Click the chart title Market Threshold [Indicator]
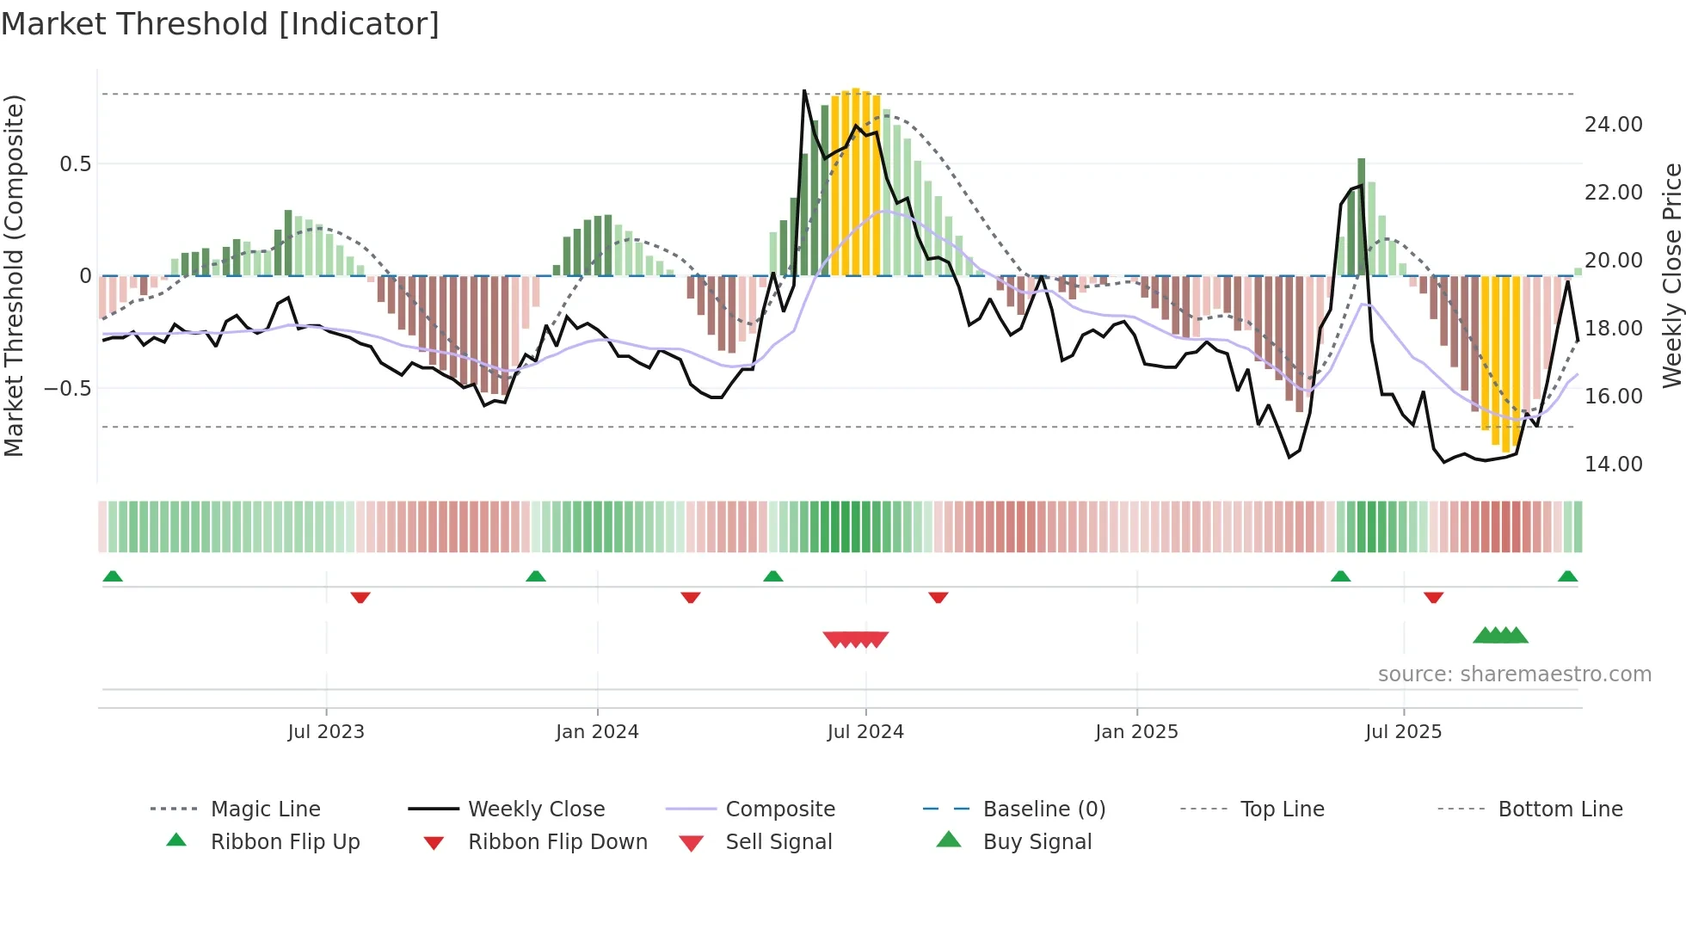pyautogui.click(x=220, y=24)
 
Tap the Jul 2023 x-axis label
pyautogui.click(x=326, y=732)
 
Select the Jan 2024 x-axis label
pyautogui.click(x=597, y=732)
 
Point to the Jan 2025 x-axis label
pyautogui.click(x=1136, y=732)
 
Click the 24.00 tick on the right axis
pyautogui.click(x=1613, y=125)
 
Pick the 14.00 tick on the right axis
pyautogui.click(x=1613, y=465)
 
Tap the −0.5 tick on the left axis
pyautogui.click(x=68, y=389)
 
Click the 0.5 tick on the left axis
pyautogui.click(x=75, y=164)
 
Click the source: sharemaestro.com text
pyautogui.click(x=1514, y=674)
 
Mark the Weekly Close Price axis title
pyautogui.click(x=1671, y=275)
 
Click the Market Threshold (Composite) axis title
pyautogui.click(x=14, y=275)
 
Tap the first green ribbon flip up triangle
pyautogui.click(x=113, y=576)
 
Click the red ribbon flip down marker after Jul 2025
pyautogui.click(x=1433, y=597)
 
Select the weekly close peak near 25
pyautogui.click(x=804, y=91)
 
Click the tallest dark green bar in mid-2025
pyautogui.click(x=1362, y=215)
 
